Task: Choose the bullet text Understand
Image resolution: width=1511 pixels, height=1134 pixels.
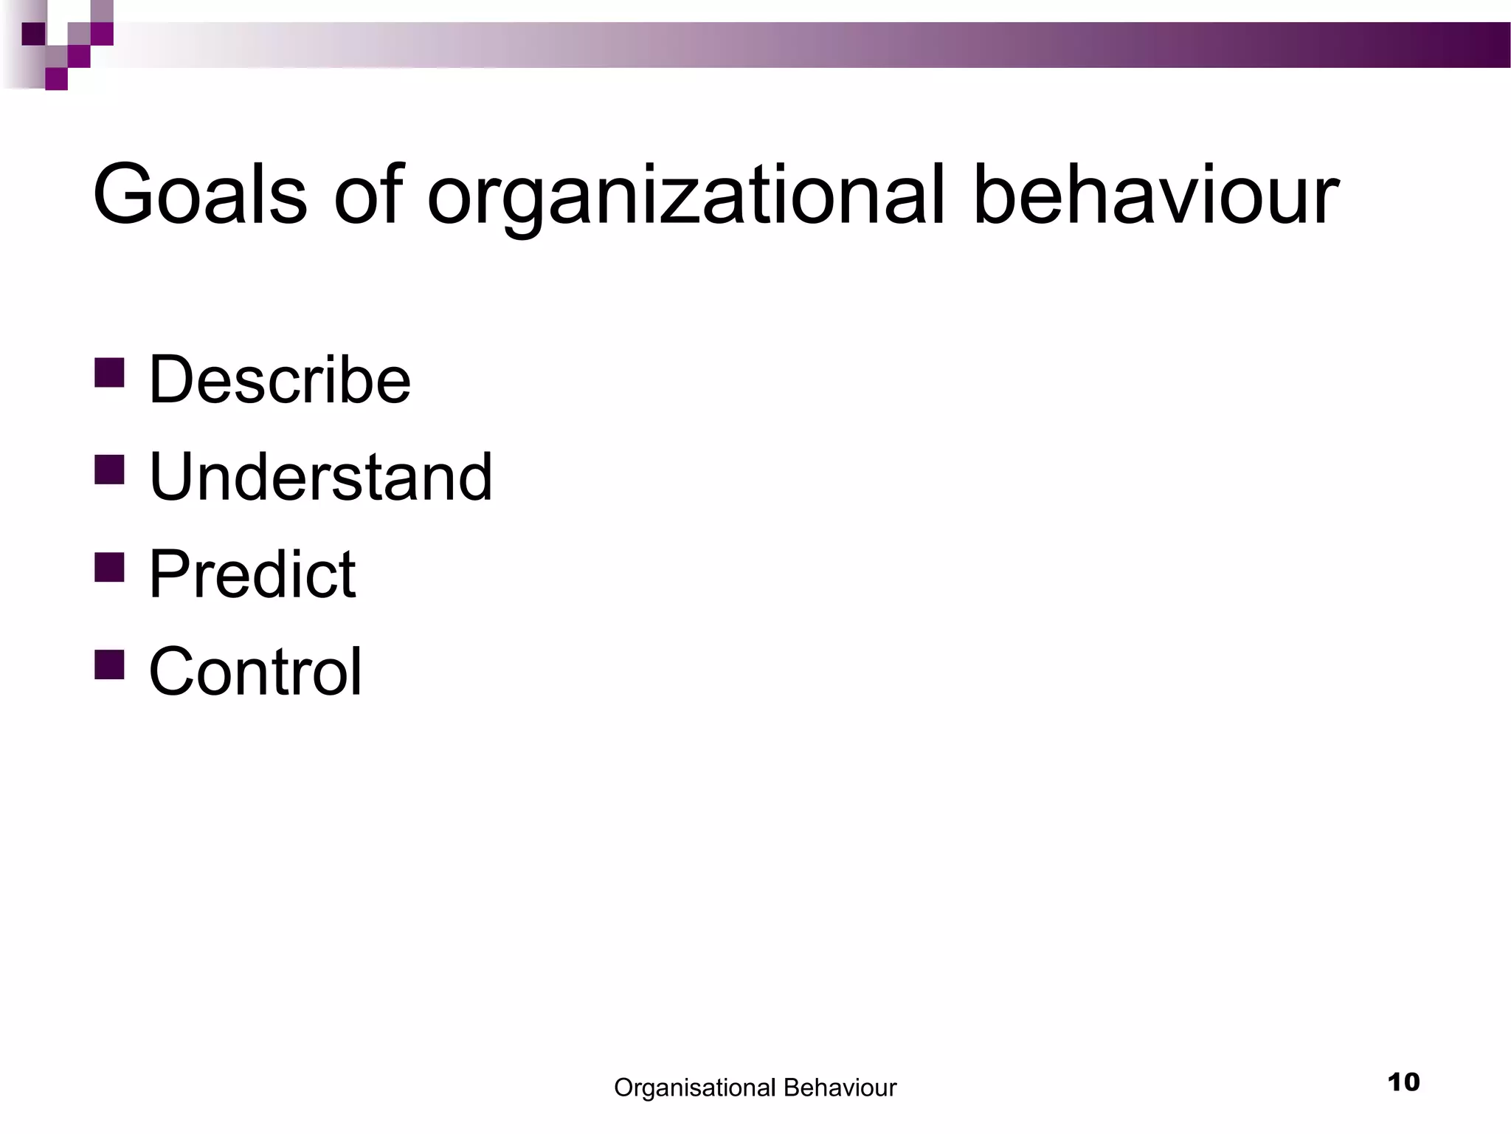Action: pyautogui.click(x=320, y=477)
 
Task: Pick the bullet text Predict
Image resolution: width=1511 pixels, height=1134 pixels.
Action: pyautogui.click(x=252, y=574)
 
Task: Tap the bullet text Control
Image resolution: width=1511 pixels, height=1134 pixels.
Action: pyautogui.click(x=255, y=672)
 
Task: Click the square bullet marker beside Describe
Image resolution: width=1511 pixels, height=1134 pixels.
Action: pyautogui.click(x=109, y=373)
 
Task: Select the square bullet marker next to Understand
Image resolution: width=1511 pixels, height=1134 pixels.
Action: pyautogui.click(x=109, y=470)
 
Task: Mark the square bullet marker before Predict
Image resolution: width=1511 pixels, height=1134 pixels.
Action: pyautogui.click(x=109, y=567)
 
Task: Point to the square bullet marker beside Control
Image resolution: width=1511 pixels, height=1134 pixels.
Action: pyautogui.click(x=109, y=664)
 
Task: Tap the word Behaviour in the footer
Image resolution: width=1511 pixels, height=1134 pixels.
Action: pyautogui.click(x=840, y=1087)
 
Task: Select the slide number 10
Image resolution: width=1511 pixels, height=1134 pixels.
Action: pyautogui.click(x=1403, y=1082)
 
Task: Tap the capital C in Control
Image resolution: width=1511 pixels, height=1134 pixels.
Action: pyautogui.click(x=173, y=672)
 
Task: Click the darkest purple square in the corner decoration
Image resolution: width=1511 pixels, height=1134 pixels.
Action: pyautogui.click(x=33, y=34)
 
